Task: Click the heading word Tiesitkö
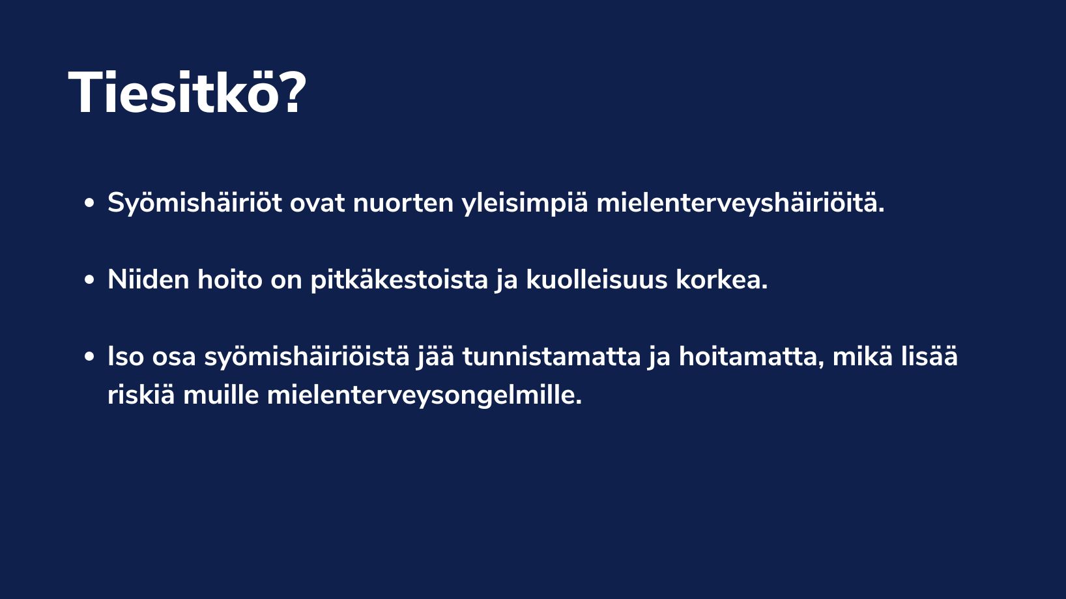click(x=174, y=92)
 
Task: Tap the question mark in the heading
click(x=293, y=92)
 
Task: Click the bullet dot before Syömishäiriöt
click(x=89, y=204)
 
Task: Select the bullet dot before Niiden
click(x=89, y=280)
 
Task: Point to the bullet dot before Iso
click(x=89, y=357)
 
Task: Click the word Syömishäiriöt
click(x=195, y=203)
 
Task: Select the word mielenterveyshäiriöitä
click(x=740, y=203)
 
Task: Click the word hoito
click(x=230, y=279)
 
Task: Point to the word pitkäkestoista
click(x=399, y=280)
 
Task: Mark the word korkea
click(x=721, y=279)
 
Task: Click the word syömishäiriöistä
click(x=306, y=357)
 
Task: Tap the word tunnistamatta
click(x=551, y=357)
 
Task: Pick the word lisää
click(x=929, y=356)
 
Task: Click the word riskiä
click(x=141, y=395)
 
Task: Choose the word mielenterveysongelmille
click(x=424, y=395)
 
